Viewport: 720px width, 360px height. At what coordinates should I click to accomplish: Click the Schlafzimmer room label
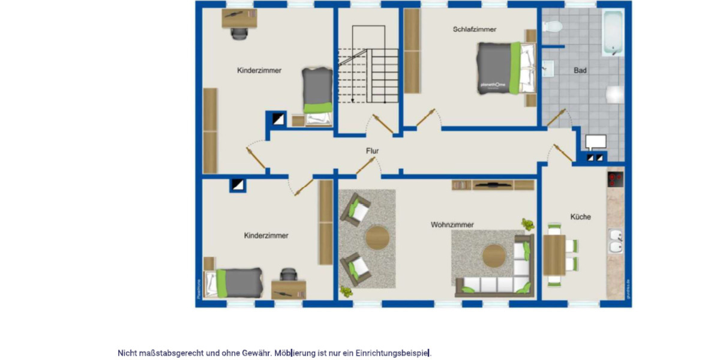point(475,29)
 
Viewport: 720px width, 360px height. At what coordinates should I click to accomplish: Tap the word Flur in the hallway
point(373,151)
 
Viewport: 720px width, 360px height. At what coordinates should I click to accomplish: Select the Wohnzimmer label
point(452,224)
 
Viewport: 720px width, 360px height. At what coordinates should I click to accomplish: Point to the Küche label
point(580,217)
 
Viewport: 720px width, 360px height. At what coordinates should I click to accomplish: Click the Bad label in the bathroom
point(580,70)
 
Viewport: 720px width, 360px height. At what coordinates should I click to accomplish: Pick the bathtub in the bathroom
point(613,32)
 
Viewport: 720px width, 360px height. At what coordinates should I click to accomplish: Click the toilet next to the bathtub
point(551,26)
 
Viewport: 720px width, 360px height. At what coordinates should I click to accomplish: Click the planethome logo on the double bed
point(492,85)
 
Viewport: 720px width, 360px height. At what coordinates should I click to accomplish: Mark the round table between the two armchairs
point(377,238)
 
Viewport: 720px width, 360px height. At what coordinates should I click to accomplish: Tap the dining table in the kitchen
point(554,254)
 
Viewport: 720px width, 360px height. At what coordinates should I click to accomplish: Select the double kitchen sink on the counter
point(615,242)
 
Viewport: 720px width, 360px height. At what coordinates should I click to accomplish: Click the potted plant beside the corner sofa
point(527,224)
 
